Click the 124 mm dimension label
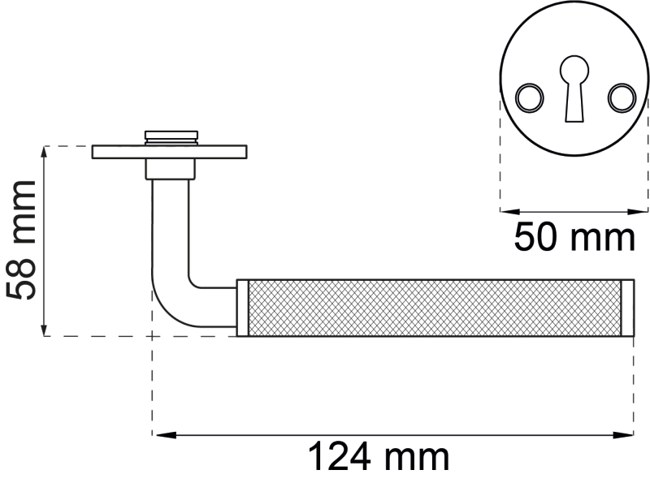click(x=379, y=456)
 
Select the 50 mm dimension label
click(x=574, y=237)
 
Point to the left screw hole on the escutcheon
click(x=530, y=97)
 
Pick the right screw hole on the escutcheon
click(x=622, y=97)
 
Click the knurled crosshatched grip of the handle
click(x=435, y=308)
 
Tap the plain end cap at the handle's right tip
click(x=627, y=308)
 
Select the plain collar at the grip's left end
click(x=242, y=308)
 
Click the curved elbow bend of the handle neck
click(x=174, y=307)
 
